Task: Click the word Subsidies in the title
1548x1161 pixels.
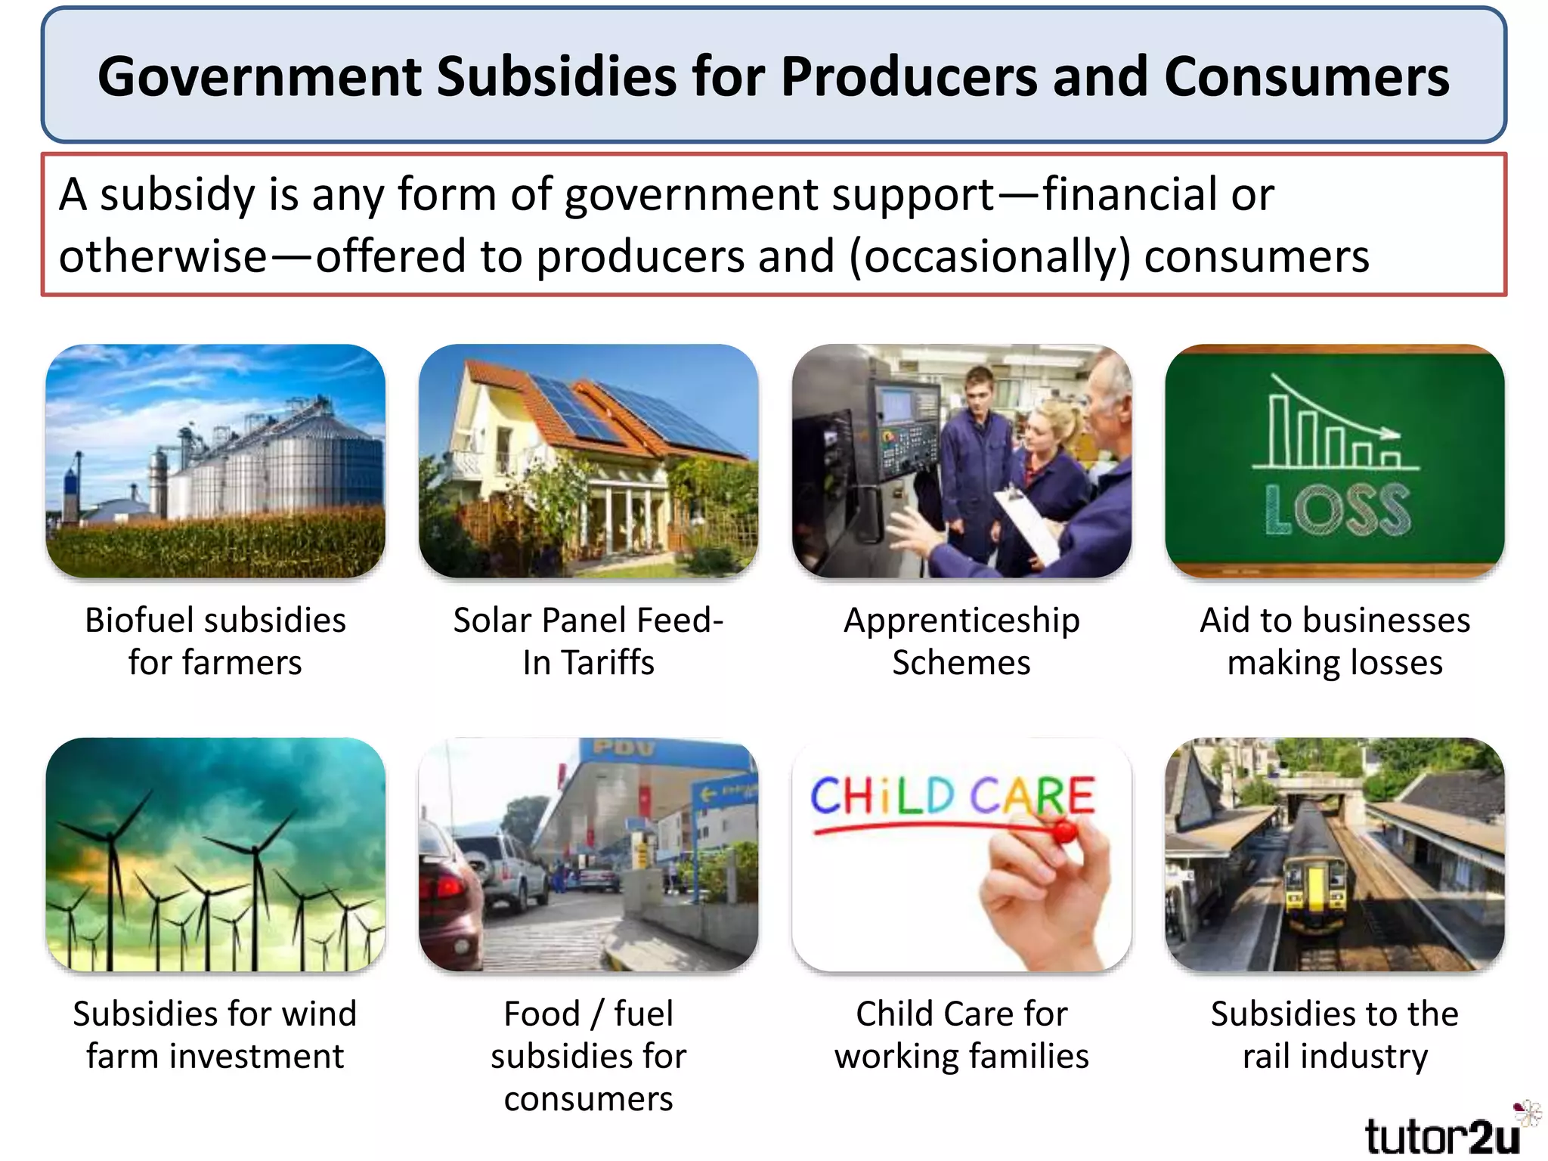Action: pos(556,77)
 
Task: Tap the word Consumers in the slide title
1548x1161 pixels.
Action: pos(1306,77)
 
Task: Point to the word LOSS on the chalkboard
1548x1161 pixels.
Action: pos(1336,509)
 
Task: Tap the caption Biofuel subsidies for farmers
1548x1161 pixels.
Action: pos(215,641)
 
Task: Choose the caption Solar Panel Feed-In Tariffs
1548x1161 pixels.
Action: pos(588,641)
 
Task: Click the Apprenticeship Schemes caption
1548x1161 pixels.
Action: pos(961,641)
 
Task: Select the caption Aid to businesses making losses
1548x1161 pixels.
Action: pos(1335,641)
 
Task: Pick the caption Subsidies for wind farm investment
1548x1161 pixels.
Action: pos(215,1034)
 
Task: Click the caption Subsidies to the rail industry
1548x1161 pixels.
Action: pos(1335,1034)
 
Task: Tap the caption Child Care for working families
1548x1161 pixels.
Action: pos(961,1034)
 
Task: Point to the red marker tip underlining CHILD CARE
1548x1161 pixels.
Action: pos(1065,833)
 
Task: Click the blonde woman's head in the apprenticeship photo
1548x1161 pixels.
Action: pos(1046,423)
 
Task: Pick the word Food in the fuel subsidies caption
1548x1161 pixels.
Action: pos(541,1014)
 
